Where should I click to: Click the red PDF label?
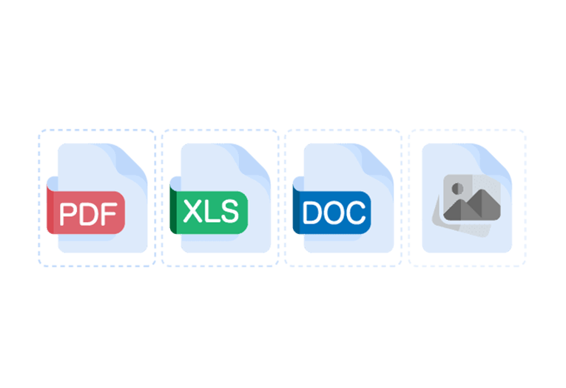coord(86,213)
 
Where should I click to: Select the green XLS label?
coord(210,213)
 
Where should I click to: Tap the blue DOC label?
coord(333,213)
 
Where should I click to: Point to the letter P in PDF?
coord(67,213)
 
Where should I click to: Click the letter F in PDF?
coord(109,213)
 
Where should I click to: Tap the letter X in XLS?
coord(192,213)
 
